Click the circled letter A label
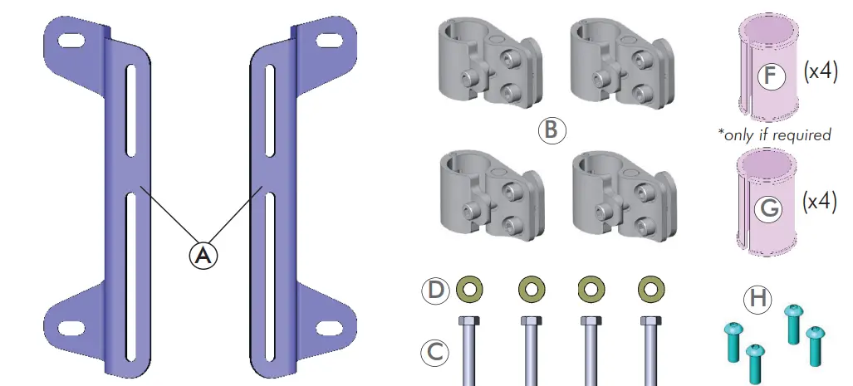[202, 256]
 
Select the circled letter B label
[552, 130]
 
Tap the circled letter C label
[434, 351]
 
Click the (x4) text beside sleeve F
[820, 71]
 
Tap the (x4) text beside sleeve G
[820, 202]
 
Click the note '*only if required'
[774, 134]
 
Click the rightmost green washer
[650, 289]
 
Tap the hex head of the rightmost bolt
[650, 320]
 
